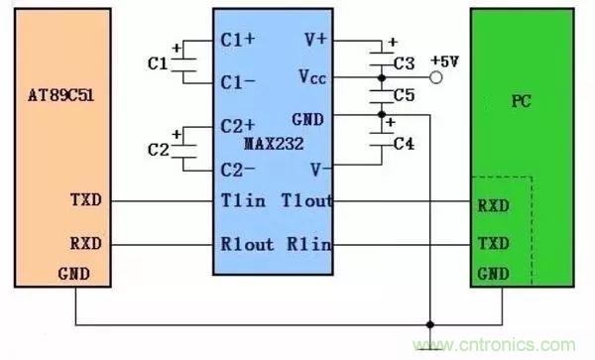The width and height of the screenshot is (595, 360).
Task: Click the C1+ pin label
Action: [x=238, y=42]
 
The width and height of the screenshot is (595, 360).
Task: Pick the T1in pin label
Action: [x=241, y=200]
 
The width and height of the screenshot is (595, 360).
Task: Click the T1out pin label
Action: [x=306, y=200]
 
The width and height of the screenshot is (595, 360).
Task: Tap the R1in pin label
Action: [x=311, y=244]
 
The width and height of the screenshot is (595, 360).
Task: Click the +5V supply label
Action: [x=444, y=61]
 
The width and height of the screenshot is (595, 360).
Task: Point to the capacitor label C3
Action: [x=403, y=63]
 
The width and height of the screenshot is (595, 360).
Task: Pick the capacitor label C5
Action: [x=403, y=96]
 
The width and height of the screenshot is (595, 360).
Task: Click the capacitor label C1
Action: [x=157, y=63]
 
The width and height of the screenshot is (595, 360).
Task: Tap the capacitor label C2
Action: [x=157, y=150]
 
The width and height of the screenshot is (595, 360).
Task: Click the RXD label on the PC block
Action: [x=493, y=207]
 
